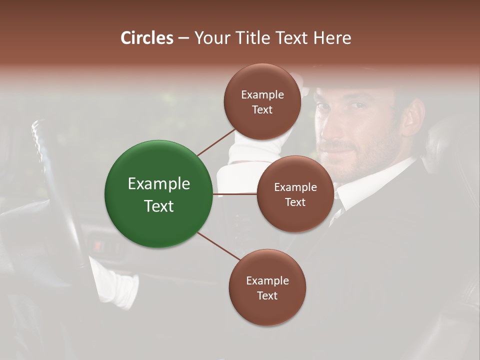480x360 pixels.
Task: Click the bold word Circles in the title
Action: [147, 38]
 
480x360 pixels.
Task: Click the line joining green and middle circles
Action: [234, 194]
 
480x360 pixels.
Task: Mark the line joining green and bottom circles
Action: [218, 247]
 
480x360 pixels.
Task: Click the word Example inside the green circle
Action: [159, 184]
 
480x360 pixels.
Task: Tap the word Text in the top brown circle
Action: [262, 110]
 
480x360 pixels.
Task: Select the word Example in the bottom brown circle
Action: [267, 281]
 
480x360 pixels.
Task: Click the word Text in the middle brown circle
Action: [295, 202]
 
